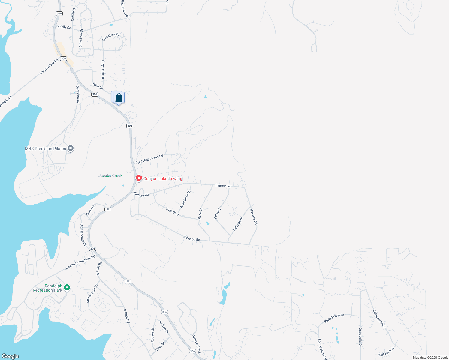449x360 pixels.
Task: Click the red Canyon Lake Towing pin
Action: pos(139,178)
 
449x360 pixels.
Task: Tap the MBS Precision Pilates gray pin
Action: pos(71,148)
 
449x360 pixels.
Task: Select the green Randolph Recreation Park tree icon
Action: pos(67,287)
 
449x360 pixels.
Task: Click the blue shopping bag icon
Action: pos(119,97)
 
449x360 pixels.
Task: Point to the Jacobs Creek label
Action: pos(110,175)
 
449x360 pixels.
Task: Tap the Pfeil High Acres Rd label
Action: pos(149,159)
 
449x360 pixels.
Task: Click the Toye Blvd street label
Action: pos(172,211)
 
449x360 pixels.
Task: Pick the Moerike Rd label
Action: pos(254,217)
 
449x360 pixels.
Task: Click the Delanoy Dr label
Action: pos(238,224)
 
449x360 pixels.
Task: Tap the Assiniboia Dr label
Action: pos(185,199)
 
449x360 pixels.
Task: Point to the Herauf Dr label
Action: pos(218,213)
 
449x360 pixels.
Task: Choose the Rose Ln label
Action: pos(200,213)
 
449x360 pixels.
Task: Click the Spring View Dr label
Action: pos(334,318)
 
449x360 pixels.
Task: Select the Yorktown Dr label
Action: pos(386,352)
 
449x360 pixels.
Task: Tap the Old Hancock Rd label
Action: pos(83,235)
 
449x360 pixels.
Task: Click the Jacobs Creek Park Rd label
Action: pos(80,262)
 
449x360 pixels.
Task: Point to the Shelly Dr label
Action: pos(64,27)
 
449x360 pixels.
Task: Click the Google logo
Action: pos(10,356)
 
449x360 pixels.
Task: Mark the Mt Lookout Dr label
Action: pos(92,293)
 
